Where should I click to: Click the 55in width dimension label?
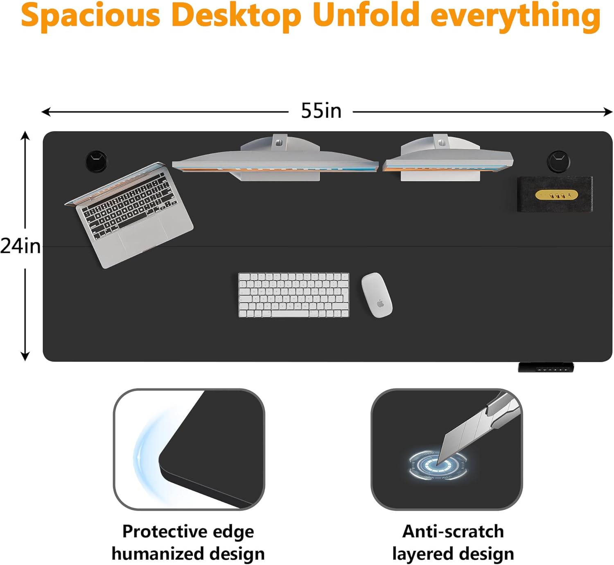321,111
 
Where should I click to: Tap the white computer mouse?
377,295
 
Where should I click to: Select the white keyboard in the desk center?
293,295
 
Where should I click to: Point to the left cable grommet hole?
97,161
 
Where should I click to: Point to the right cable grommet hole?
558,161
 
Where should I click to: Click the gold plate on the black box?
556,195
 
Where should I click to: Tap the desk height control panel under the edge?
546,367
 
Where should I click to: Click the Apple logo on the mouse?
380,304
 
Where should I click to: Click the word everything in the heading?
515,17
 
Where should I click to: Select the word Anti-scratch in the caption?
453,531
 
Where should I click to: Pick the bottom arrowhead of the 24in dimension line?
25,356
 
